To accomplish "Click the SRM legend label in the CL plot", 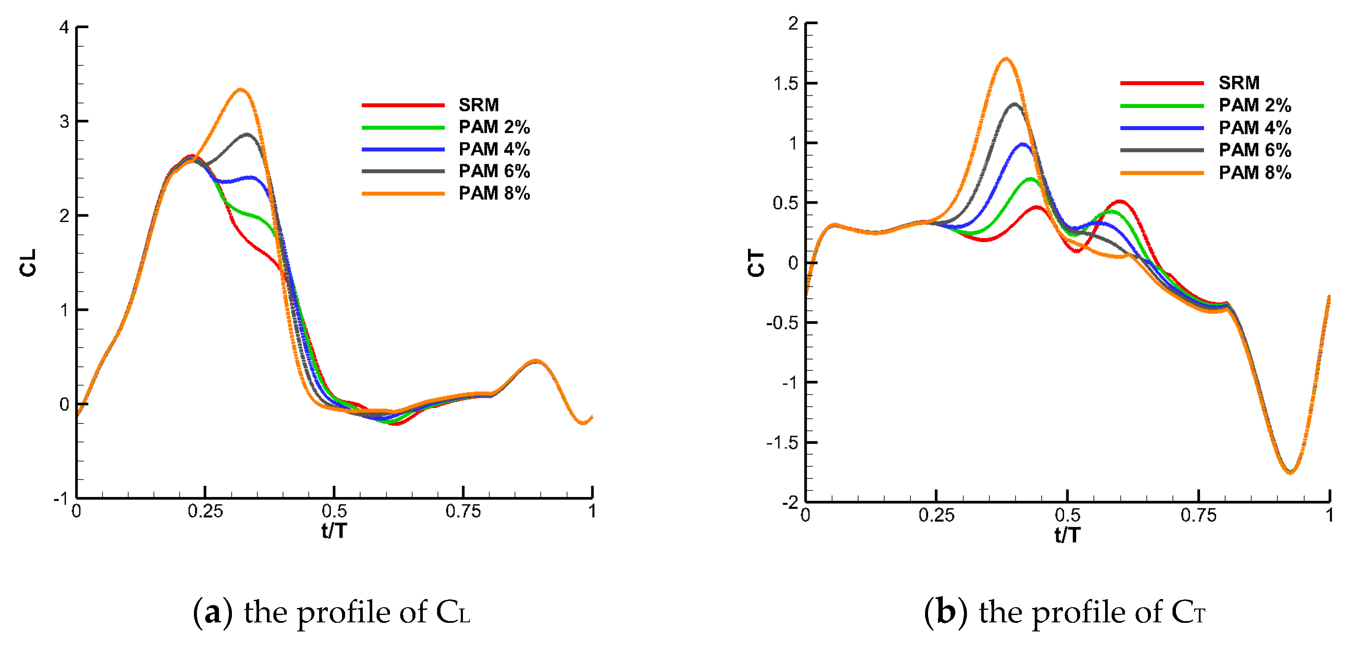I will coord(479,105).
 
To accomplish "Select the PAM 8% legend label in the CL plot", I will coord(494,194).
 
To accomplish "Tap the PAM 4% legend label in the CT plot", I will coord(1255,128).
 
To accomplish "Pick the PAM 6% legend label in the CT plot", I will coord(1255,150).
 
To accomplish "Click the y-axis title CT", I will coord(756,263).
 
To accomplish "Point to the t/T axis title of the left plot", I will coord(334,531).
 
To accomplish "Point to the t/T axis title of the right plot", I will coord(1068,535).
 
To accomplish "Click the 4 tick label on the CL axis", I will coord(64,27).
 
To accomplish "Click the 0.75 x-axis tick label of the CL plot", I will coord(463,511).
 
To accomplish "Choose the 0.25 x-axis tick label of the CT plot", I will coord(936,516).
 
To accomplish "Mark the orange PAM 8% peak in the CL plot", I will coord(241,89).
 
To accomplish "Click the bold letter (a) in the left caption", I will coord(212,612).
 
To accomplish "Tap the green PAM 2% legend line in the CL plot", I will coord(403,127).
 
